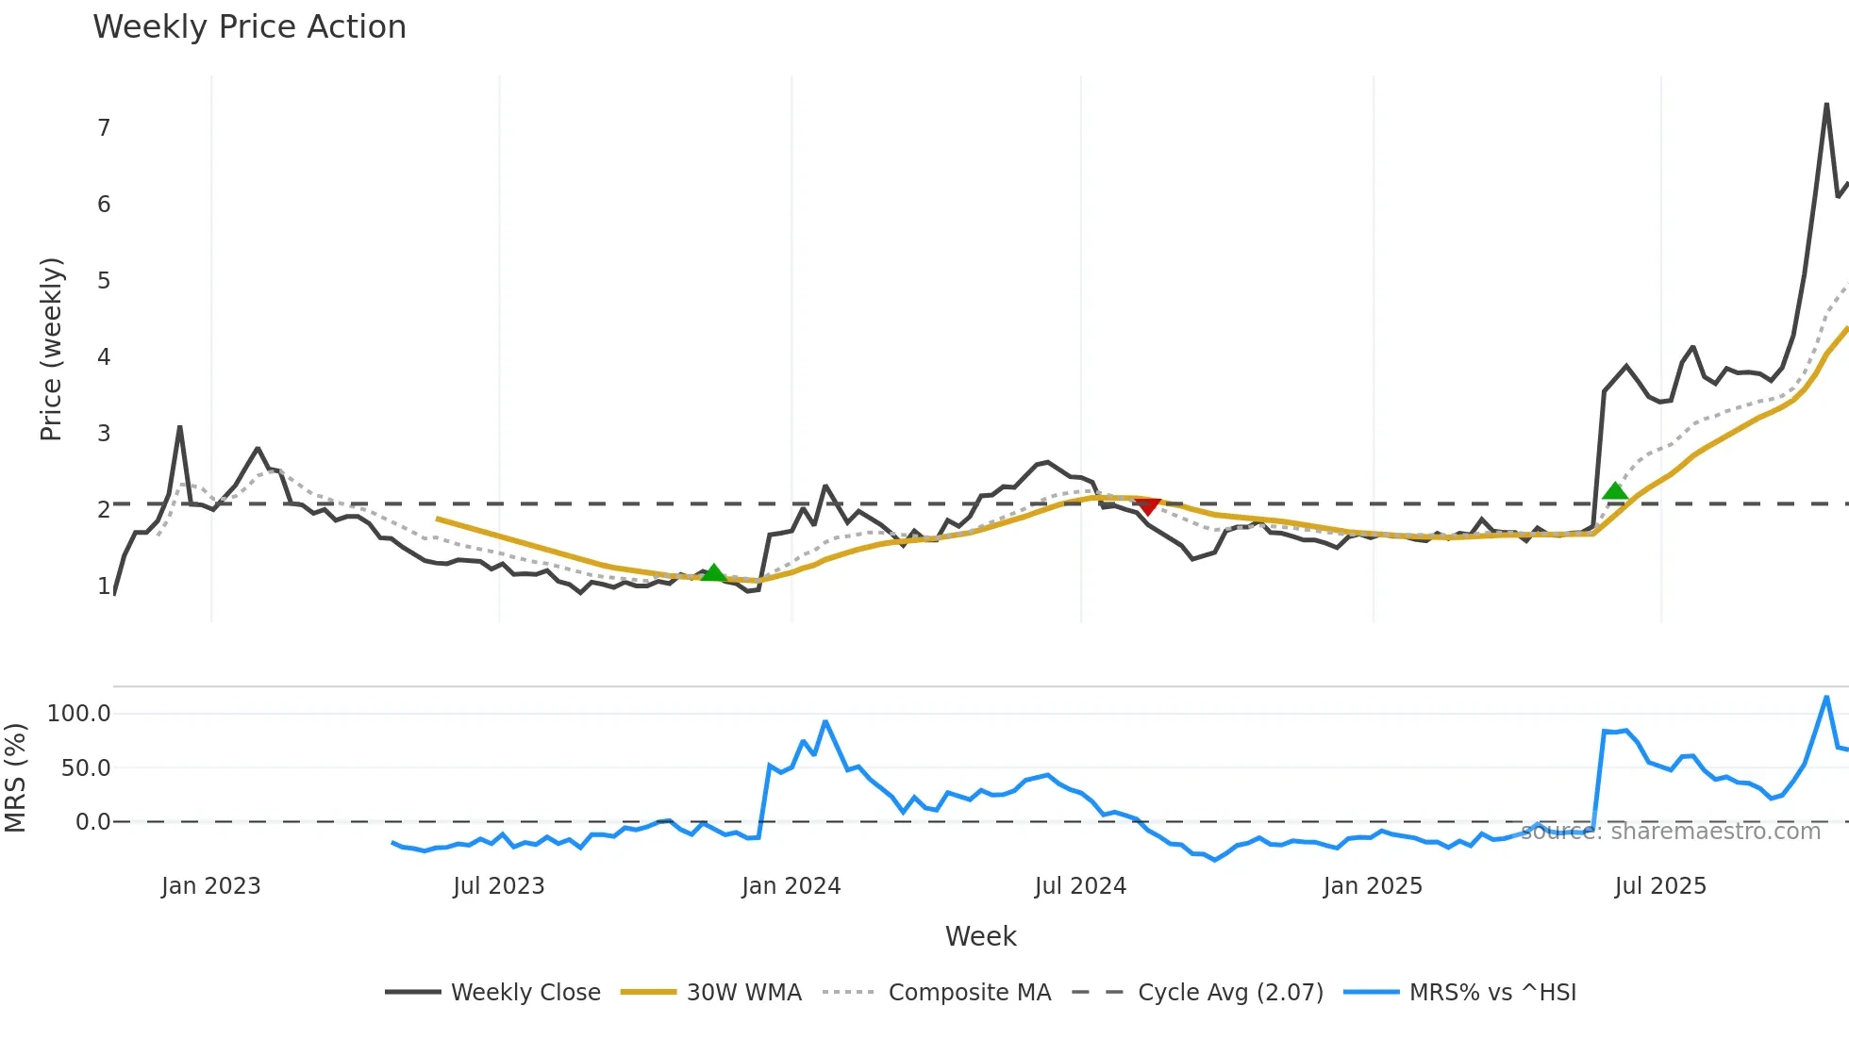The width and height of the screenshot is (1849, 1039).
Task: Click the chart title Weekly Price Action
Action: click(x=249, y=27)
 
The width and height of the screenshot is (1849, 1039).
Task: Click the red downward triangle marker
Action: click(x=1147, y=506)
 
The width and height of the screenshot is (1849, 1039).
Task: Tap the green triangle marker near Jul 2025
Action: click(x=1615, y=491)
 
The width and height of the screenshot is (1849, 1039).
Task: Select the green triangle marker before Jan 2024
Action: click(x=714, y=572)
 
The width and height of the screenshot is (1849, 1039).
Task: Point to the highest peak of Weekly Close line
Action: click(x=1826, y=105)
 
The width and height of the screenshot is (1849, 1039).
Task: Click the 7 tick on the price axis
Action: click(x=104, y=128)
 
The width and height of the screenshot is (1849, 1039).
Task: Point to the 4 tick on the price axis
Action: click(x=104, y=357)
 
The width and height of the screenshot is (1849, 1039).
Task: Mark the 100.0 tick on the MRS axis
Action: click(x=79, y=714)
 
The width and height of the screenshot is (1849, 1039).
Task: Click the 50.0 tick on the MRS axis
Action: click(x=86, y=768)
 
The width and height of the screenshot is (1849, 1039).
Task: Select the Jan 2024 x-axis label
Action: click(x=791, y=886)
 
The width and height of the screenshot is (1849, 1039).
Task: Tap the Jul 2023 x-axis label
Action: click(x=498, y=886)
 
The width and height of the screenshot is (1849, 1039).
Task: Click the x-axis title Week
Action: click(x=980, y=936)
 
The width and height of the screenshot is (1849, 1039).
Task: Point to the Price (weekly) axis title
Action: click(x=51, y=349)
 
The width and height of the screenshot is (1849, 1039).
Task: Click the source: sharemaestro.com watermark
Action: click(x=1670, y=832)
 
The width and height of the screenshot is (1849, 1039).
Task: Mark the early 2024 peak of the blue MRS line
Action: click(x=825, y=721)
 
